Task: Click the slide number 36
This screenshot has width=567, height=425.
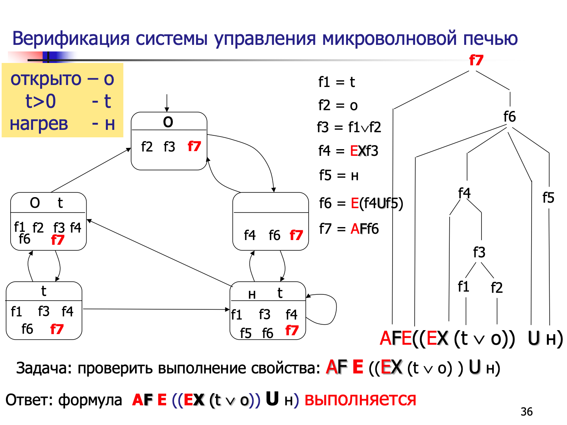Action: tap(526, 412)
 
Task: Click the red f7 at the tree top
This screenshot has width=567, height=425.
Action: tap(476, 60)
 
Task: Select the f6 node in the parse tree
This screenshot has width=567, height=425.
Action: tap(509, 116)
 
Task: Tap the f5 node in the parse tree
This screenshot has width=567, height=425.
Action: tap(548, 198)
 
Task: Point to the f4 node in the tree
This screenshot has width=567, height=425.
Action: tap(464, 193)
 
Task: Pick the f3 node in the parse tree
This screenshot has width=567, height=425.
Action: tap(479, 252)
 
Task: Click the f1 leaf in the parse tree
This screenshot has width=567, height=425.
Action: tap(463, 286)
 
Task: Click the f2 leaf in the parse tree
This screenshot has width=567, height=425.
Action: tap(497, 288)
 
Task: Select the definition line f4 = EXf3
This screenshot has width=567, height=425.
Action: tap(348, 151)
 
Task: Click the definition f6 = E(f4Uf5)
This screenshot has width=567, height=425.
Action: tap(361, 203)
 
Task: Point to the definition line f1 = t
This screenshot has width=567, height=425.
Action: tap(337, 82)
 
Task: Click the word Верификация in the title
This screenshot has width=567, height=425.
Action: tap(71, 39)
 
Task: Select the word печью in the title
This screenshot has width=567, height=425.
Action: tap(490, 39)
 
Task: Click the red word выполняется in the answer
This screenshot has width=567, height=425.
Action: tap(360, 399)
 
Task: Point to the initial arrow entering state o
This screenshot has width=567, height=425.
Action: tap(167, 103)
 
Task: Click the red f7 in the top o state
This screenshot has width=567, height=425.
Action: tap(194, 146)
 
